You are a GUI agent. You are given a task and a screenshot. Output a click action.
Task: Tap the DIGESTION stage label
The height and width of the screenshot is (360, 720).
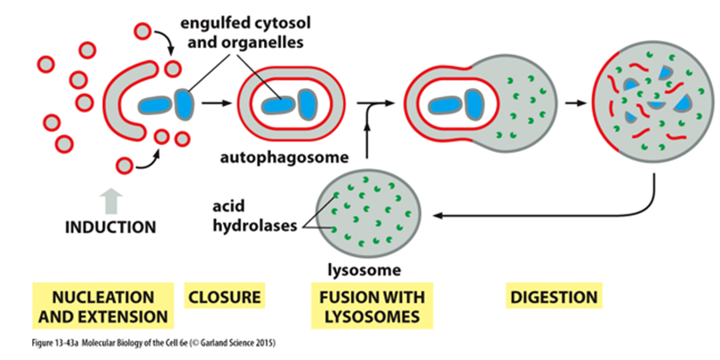(554, 297)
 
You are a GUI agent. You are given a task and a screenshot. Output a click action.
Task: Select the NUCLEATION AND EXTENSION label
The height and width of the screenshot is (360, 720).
(103, 306)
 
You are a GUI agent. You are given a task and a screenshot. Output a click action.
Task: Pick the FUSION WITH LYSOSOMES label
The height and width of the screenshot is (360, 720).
(372, 306)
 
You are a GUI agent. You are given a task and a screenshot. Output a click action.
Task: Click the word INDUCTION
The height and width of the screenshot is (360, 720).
(110, 227)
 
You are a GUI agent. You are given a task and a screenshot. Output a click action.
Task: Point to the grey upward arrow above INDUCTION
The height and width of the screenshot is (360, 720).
(111, 202)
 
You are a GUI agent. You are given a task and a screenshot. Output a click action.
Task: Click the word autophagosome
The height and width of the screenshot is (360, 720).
(283, 158)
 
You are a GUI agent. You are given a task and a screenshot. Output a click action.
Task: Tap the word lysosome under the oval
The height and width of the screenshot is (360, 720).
(364, 270)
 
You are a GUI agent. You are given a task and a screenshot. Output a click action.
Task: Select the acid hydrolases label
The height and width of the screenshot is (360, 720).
(254, 216)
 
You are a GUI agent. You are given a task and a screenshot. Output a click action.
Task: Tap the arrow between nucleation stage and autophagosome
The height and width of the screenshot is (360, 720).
(217, 103)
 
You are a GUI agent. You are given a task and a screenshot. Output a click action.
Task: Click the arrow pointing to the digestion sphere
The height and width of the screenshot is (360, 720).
(577, 103)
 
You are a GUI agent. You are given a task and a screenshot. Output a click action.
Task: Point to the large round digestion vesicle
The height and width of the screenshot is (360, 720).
(653, 105)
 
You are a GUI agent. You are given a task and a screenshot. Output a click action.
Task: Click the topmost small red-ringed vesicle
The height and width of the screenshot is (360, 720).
(143, 31)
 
